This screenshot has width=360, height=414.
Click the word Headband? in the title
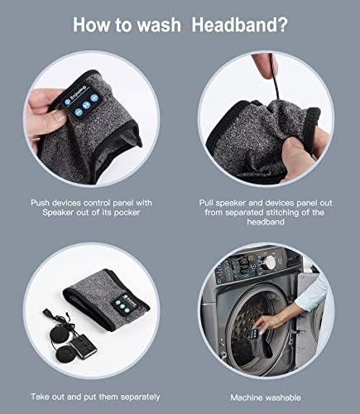click(x=242, y=23)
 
